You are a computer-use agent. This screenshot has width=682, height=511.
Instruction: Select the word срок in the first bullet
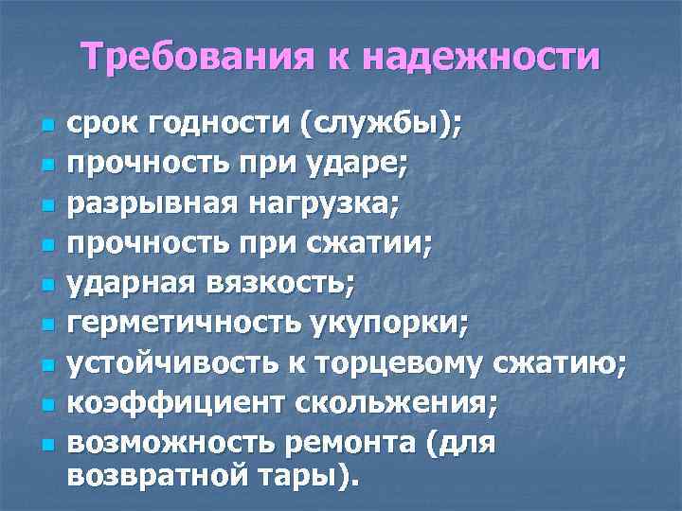click(x=103, y=126)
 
